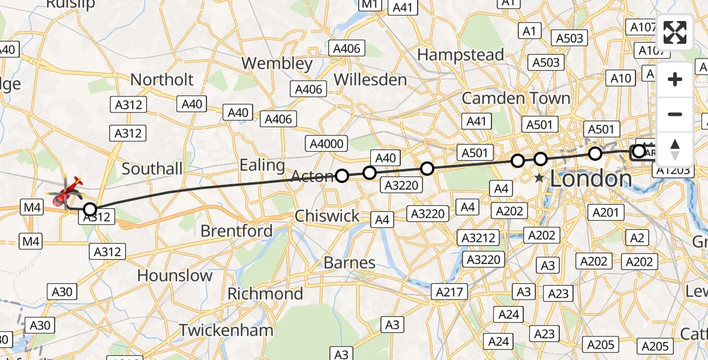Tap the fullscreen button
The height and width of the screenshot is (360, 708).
[675, 32]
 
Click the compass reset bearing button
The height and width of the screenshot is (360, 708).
[675, 149]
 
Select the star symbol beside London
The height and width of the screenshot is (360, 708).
[540, 178]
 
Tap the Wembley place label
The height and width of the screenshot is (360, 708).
[277, 63]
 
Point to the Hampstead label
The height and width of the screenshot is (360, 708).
[460, 55]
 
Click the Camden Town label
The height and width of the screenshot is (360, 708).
[516, 98]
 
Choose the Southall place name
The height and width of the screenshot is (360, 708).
[152, 169]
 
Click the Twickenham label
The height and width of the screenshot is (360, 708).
[226, 330]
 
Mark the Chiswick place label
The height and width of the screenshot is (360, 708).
[328, 216]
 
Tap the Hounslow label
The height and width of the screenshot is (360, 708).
[175, 275]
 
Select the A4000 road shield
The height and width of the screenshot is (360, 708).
[326, 143]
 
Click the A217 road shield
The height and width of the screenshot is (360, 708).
[448, 292]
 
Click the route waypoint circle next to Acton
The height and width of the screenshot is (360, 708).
[342, 176]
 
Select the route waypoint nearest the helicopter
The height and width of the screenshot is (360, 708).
[89, 209]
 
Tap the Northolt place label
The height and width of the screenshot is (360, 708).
[162, 79]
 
